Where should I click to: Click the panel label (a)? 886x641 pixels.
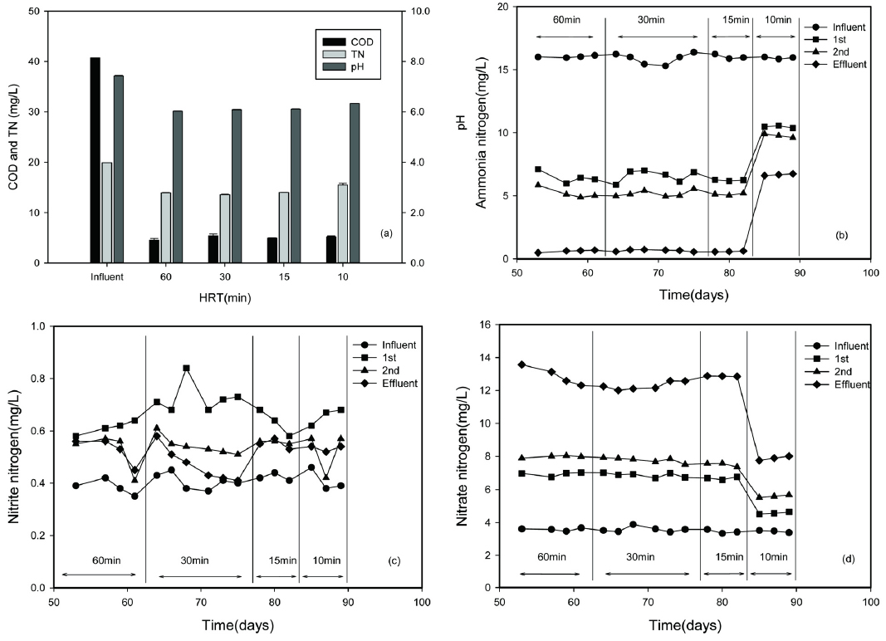pyautogui.click(x=384, y=234)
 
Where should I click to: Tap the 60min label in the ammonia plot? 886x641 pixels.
pyautogui.click(x=565, y=22)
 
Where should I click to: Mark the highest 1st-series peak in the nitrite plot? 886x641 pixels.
pyautogui.click(x=186, y=368)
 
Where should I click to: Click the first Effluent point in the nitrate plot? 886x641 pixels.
pyautogui.click(x=521, y=365)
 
